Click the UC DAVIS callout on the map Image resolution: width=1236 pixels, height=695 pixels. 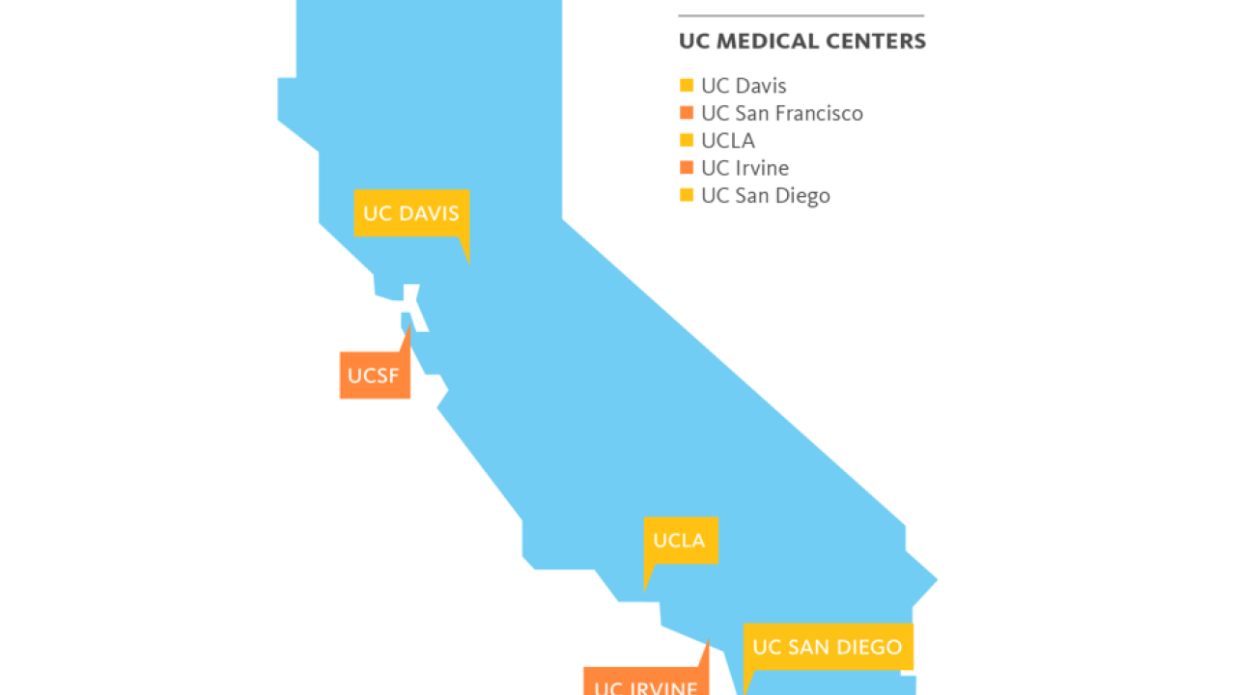tap(411, 213)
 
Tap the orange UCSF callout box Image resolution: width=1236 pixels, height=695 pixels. tap(375, 375)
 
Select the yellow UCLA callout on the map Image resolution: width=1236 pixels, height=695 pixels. tap(680, 541)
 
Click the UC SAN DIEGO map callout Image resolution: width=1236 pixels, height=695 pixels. tap(828, 647)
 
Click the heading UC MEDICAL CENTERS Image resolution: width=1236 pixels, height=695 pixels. tap(801, 42)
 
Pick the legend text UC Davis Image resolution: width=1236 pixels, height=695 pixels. tap(744, 86)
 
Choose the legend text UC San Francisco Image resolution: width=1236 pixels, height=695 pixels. tap(782, 113)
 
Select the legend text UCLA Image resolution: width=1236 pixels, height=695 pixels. tap(728, 141)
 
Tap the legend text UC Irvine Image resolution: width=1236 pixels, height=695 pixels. tap(744, 168)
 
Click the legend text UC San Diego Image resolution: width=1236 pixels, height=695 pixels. tap(766, 195)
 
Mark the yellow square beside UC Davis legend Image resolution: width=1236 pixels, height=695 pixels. tap(687, 86)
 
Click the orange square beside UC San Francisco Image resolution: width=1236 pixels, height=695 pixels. tap(687, 113)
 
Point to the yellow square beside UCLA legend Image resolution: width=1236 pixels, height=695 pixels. tap(687, 141)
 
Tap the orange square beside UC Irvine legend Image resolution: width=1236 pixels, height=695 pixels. tap(687, 168)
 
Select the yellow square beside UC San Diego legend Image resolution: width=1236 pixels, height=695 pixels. tap(687, 195)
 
